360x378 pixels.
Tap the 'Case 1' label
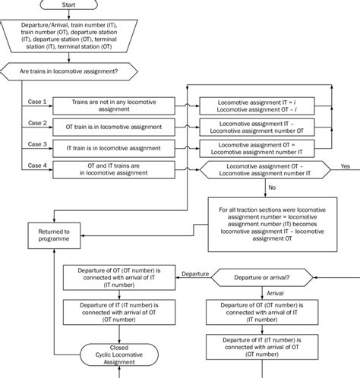38,102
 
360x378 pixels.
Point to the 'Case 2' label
38,122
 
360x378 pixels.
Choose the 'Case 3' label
38,143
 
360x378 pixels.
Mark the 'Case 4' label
38,165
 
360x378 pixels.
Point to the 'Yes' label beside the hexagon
346,165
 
